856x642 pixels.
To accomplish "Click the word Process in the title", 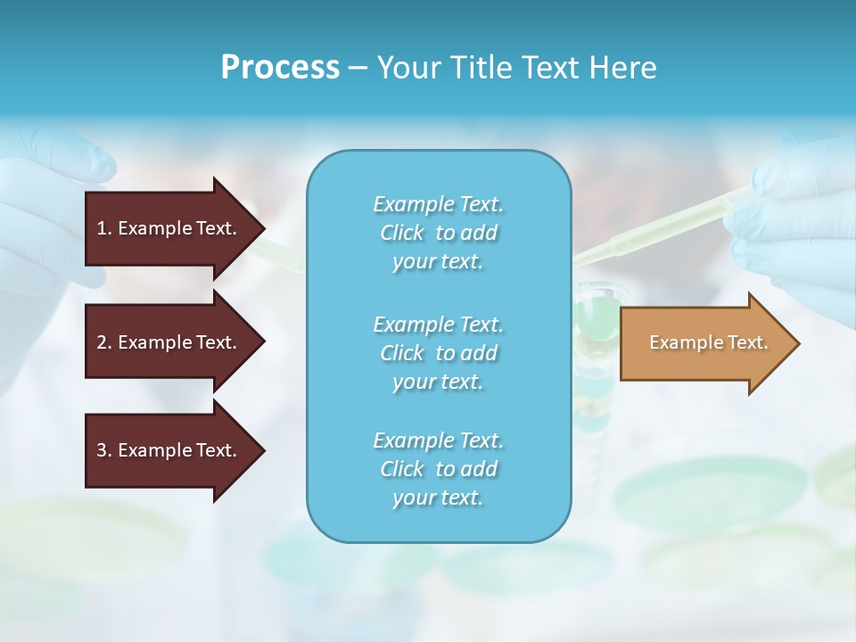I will [x=280, y=68].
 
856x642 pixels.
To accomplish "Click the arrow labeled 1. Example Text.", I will [x=169, y=228].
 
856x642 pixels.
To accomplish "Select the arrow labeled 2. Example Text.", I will [x=169, y=342].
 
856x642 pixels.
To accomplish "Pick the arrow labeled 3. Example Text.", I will [x=169, y=450].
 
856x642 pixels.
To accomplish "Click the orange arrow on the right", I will [x=704, y=343].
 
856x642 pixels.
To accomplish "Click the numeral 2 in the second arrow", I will [x=102, y=342].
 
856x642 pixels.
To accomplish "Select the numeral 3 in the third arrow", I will [x=102, y=450].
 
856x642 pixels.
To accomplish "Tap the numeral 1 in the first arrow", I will [x=102, y=228].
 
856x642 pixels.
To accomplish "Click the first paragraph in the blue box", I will [x=438, y=233].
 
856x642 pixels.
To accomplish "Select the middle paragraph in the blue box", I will [x=438, y=353].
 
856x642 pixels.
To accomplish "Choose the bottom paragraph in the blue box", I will [x=438, y=469].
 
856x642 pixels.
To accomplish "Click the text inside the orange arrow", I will [x=708, y=342].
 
